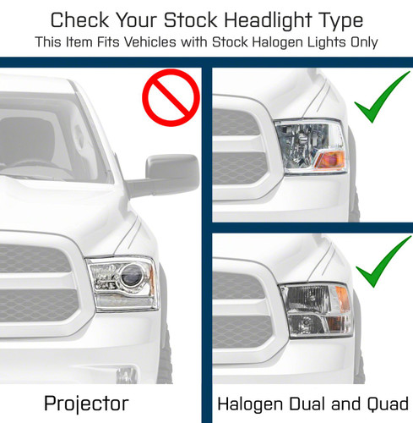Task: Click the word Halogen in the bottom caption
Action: (x=251, y=403)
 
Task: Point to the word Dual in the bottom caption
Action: (x=312, y=403)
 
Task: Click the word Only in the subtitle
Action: (x=361, y=41)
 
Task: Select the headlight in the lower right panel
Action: (x=316, y=310)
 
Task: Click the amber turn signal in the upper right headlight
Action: (x=333, y=158)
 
